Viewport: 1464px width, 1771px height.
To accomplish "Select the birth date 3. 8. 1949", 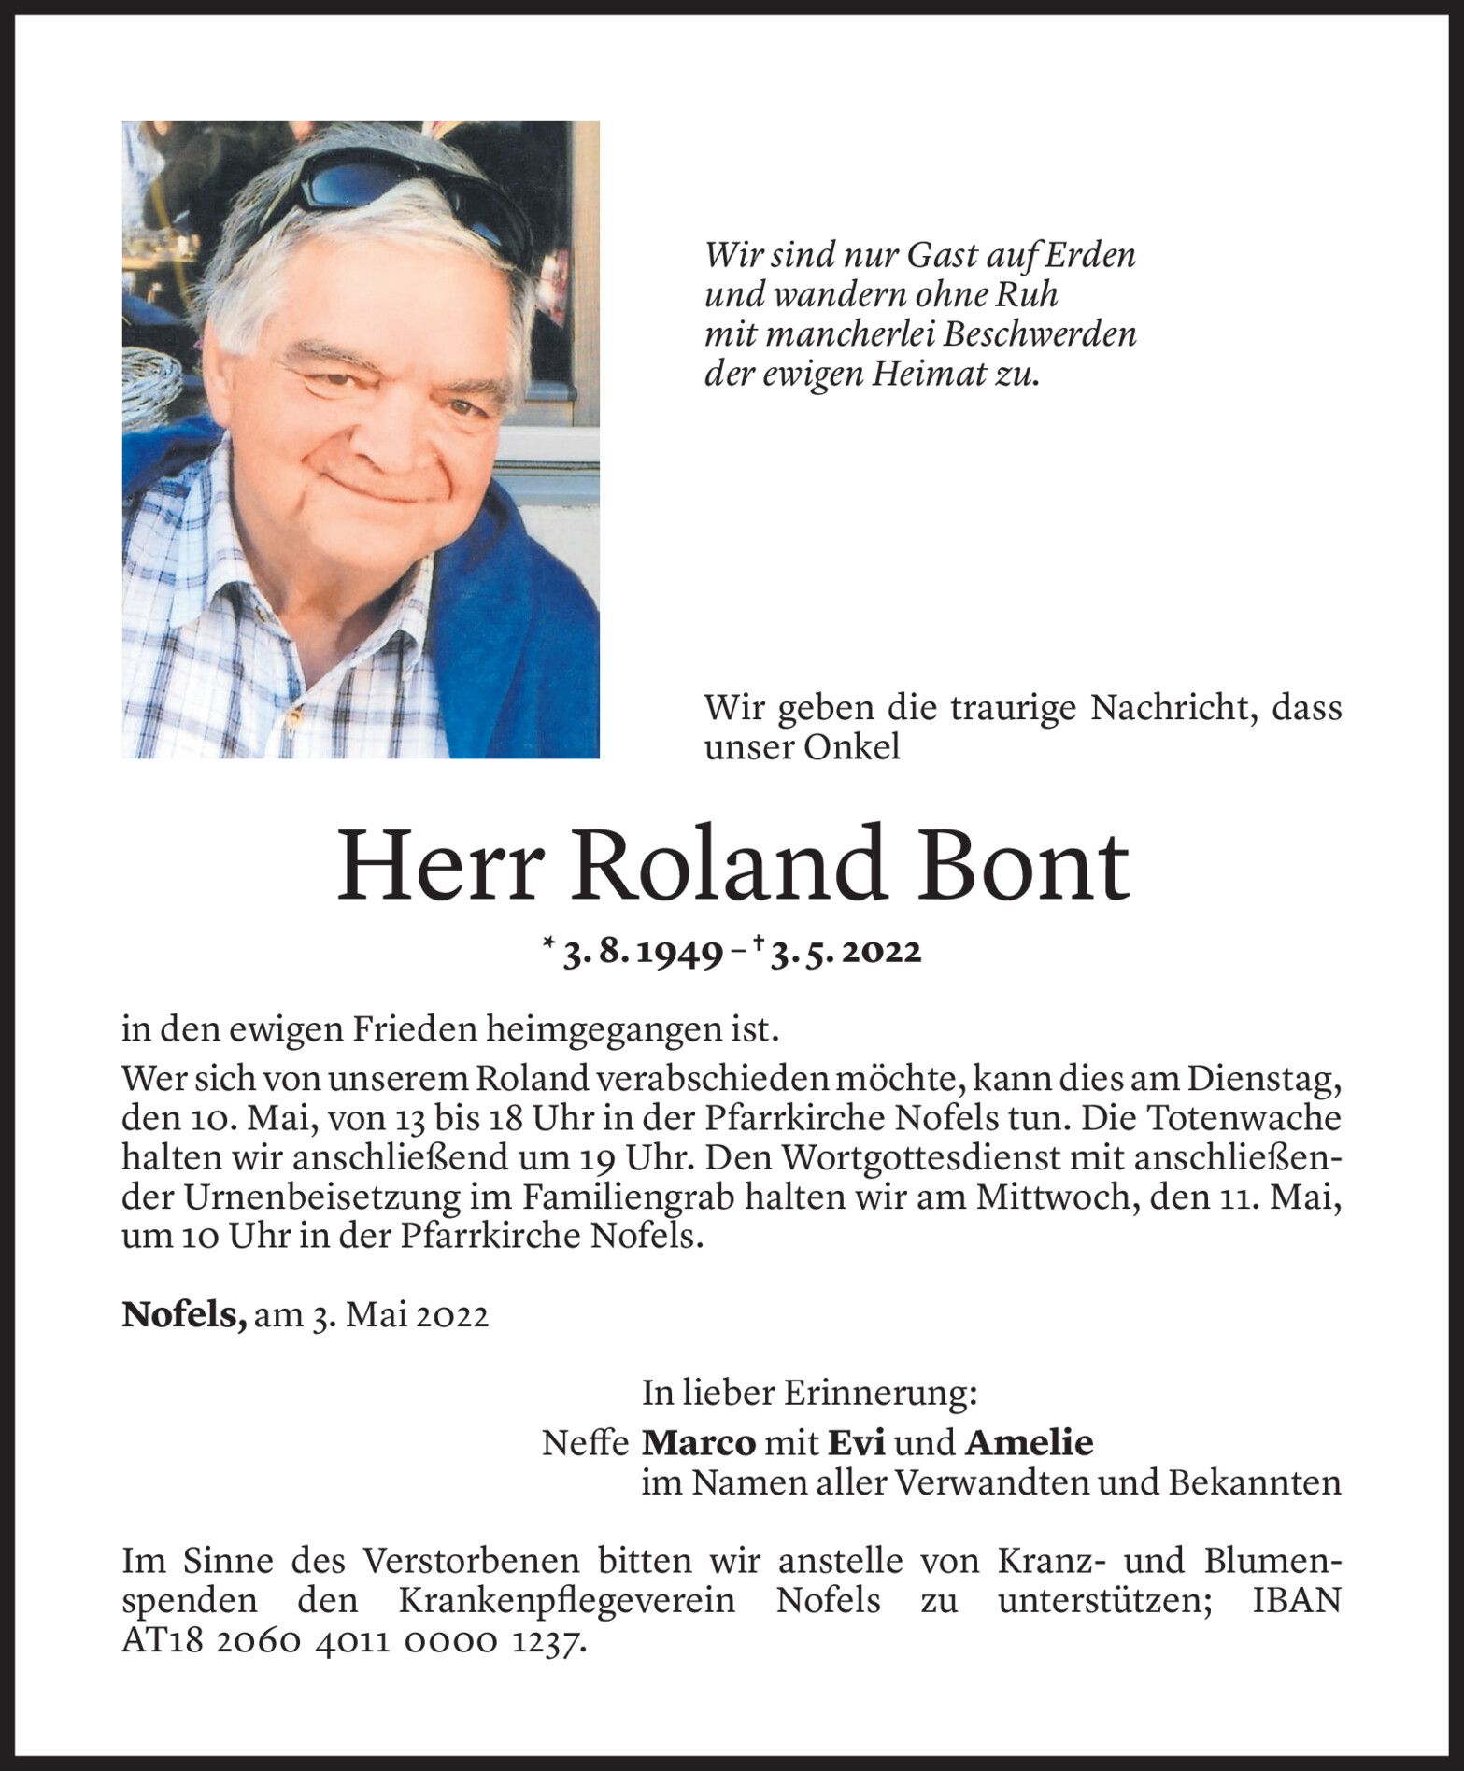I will point(641,953).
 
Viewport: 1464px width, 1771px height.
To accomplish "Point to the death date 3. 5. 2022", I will point(846,953).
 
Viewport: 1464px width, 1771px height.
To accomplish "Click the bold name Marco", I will point(699,1443).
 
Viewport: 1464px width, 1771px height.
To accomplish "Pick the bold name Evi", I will point(857,1443).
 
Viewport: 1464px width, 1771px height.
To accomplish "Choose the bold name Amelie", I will point(1029,1443).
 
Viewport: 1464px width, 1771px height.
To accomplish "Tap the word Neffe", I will point(585,1443).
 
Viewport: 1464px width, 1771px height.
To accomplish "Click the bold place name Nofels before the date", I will point(184,1315).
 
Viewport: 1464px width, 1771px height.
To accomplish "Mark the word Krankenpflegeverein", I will point(567,1601).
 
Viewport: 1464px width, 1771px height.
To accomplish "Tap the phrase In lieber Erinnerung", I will point(809,1394).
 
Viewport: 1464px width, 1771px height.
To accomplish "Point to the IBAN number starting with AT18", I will point(354,1641).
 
